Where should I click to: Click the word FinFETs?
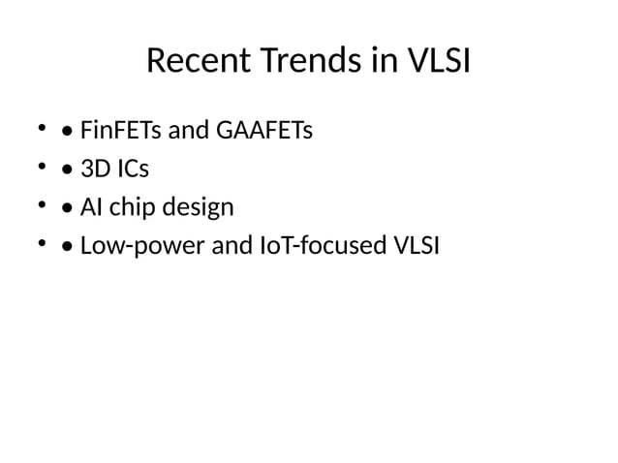click(x=114, y=129)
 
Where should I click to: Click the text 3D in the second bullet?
click(x=95, y=169)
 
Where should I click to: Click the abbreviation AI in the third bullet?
click(x=92, y=207)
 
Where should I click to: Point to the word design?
click(x=198, y=207)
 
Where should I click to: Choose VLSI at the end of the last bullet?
click(x=414, y=246)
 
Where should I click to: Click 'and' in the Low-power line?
click(x=231, y=246)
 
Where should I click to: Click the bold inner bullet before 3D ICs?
click(x=64, y=170)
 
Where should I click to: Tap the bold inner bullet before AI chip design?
click(x=64, y=208)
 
